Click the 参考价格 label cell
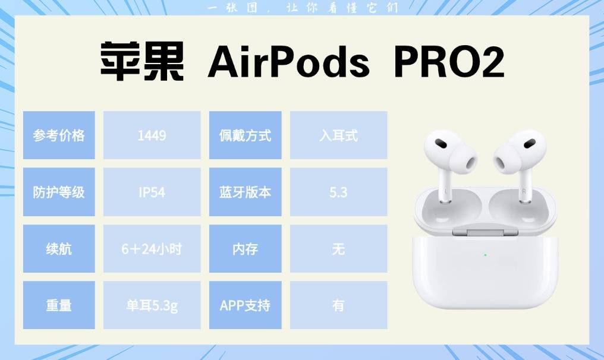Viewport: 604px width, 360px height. [x=59, y=135]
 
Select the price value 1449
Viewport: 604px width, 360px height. [x=152, y=135]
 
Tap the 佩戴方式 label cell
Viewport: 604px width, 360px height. [x=245, y=135]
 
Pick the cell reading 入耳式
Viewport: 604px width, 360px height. [x=338, y=135]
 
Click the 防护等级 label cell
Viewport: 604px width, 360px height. [x=59, y=192]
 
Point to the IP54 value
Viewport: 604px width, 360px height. [x=152, y=192]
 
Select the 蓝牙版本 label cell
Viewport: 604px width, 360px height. [x=245, y=192]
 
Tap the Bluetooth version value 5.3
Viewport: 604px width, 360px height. [x=338, y=192]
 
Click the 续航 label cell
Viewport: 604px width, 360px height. [x=59, y=248]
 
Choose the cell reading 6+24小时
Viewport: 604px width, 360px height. [x=152, y=248]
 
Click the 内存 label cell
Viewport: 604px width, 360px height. [x=245, y=248]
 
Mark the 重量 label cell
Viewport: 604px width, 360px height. [x=59, y=305]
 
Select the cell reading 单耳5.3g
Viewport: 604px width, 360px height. [x=152, y=305]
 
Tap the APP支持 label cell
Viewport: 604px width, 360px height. [x=245, y=305]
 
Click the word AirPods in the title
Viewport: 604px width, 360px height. [x=288, y=62]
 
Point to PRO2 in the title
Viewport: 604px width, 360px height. [x=449, y=62]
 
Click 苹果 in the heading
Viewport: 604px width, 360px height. [x=142, y=62]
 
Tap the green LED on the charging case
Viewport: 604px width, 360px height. [x=485, y=255]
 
